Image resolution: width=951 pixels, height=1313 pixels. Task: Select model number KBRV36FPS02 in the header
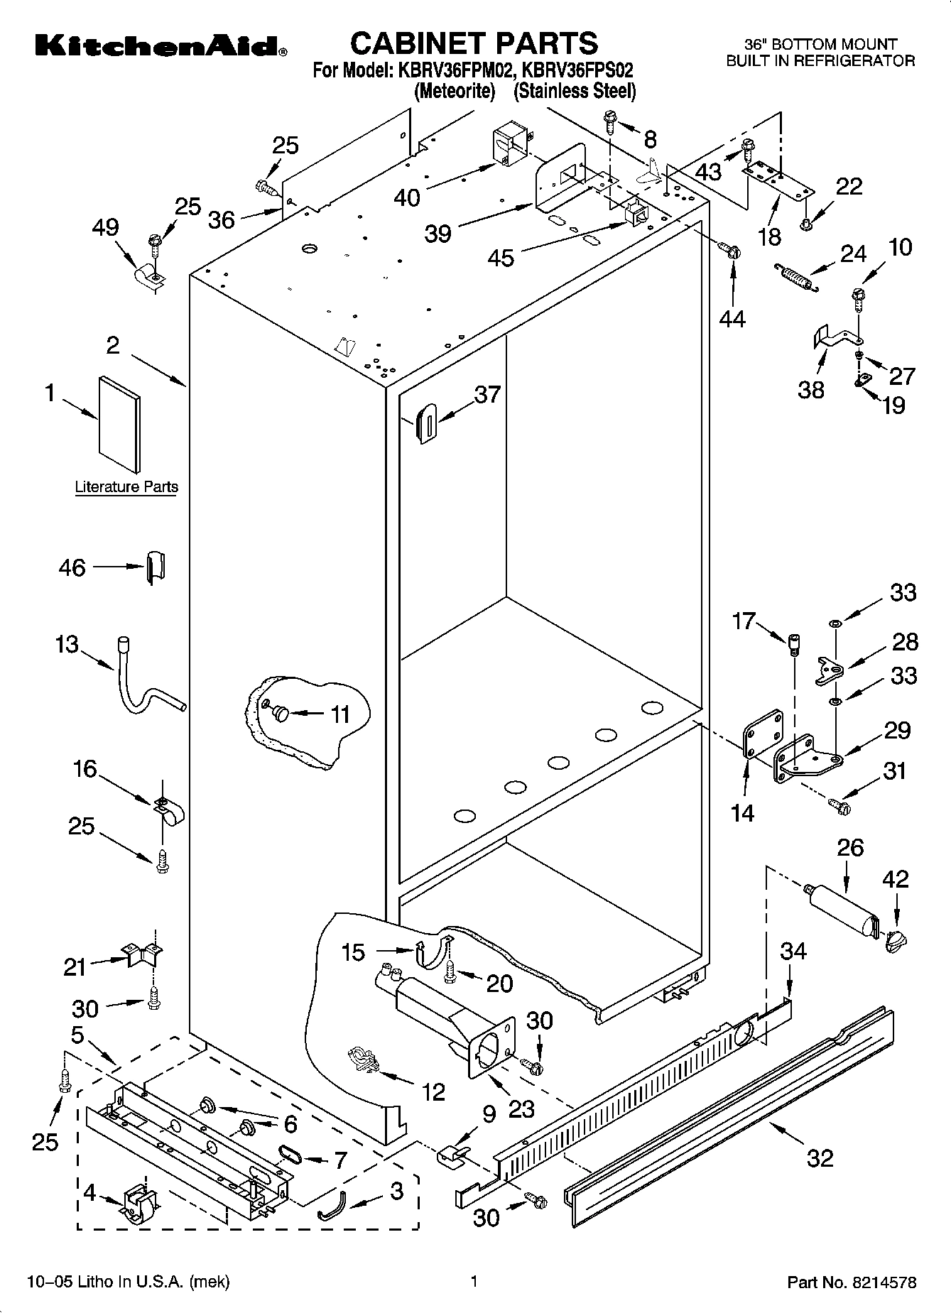[x=577, y=71]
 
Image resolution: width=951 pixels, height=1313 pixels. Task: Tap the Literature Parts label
[x=126, y=487]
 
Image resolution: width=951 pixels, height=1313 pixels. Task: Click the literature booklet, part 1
[x=119, y=424]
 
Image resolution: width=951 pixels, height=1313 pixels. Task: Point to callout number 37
[x=487, y=394]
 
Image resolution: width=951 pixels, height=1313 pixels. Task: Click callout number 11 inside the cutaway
[x=340, y=714]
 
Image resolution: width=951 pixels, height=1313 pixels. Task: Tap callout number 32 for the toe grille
[x=820, y=1158]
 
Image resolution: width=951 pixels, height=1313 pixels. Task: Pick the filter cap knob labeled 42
[x=896, y=941]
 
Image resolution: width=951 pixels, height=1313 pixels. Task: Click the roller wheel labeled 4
[x=140, y=1205]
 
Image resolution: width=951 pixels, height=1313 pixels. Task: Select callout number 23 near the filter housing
[x=521, y=1109]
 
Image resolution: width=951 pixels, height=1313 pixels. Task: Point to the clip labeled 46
[x=156, y=567]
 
